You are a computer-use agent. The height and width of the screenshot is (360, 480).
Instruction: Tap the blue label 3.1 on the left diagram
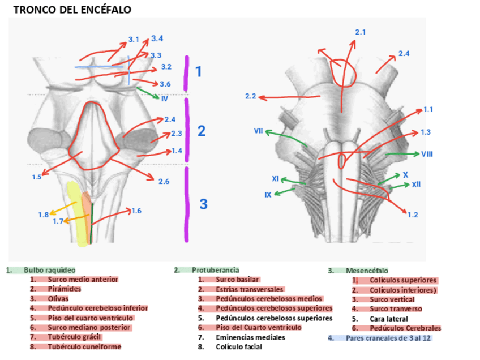click(134, 40)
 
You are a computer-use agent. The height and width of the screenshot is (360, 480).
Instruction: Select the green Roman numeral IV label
click(164, 98)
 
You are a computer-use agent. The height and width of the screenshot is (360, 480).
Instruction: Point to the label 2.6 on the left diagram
click(164, 181)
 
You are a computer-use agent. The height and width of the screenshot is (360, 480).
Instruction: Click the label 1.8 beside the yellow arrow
click(44, 215)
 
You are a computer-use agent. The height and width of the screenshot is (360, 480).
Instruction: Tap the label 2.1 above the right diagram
click(360, 32)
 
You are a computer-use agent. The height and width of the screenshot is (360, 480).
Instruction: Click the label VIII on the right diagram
click(427, 154)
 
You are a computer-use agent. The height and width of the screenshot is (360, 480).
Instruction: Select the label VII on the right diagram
click(258, 131)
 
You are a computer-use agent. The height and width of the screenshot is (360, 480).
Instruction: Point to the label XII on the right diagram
click(416, 185)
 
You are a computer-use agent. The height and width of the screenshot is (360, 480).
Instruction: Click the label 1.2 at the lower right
click(413, 215)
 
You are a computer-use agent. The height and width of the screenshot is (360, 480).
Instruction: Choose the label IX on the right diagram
click(268, 195)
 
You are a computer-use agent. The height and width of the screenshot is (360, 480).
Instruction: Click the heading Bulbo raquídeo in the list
click(49, 271)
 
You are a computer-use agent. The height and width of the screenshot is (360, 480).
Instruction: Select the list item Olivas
click(58, 298)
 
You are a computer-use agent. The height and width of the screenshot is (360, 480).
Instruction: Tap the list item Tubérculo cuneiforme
click(84, 346)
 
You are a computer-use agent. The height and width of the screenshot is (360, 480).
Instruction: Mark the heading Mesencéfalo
click(367, 271)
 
